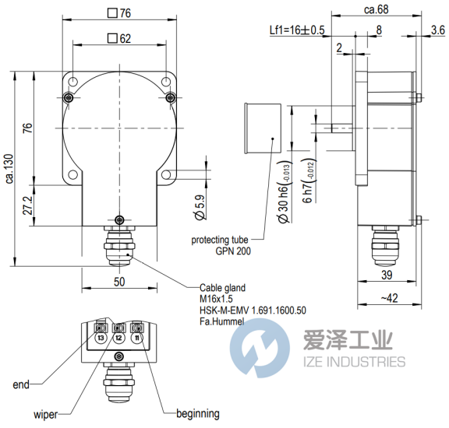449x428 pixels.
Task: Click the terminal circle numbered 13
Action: (101, 339)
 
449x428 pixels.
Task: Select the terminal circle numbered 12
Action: (118, 339)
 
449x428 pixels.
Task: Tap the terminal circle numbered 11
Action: (137, 339)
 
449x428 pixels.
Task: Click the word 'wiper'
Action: (45, 415)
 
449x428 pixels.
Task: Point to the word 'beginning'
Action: (198, 414)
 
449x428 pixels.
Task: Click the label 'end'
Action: (21, 384)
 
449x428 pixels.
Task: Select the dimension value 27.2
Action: (28, 205)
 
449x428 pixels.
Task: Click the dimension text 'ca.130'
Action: (9, 169)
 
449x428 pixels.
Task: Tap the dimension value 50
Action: (119, 282)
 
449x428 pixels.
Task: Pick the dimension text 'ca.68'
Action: (377, 9)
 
